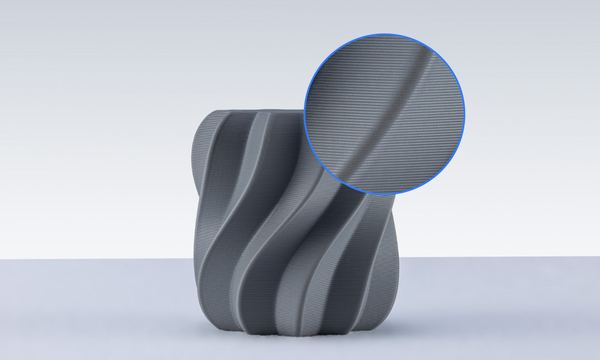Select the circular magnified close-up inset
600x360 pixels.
point(384,114)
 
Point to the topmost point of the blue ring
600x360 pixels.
point(384,34)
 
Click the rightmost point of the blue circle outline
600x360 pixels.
point(465,114)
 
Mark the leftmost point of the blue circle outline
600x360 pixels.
point(304,114)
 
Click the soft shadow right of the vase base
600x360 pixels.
point(411,326)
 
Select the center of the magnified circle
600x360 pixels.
point(384,114)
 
